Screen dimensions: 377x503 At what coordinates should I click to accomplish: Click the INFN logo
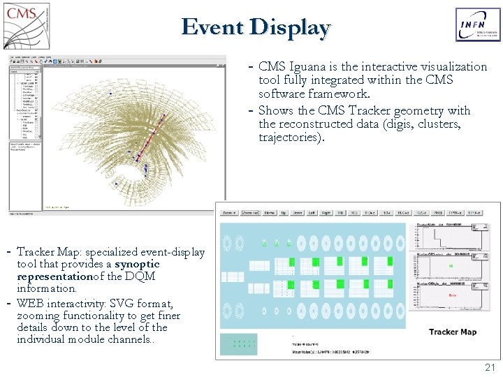tap(478, 25)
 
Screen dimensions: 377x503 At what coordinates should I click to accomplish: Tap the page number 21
tap(489, 367)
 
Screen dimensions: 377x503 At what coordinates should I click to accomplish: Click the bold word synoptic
tap(137, 264)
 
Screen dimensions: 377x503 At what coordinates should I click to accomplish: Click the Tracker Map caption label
tap(453, 332)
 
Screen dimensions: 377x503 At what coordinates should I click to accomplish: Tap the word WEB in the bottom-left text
tap(31, 304)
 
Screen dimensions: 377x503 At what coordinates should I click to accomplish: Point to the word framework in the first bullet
tap(342, 94)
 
